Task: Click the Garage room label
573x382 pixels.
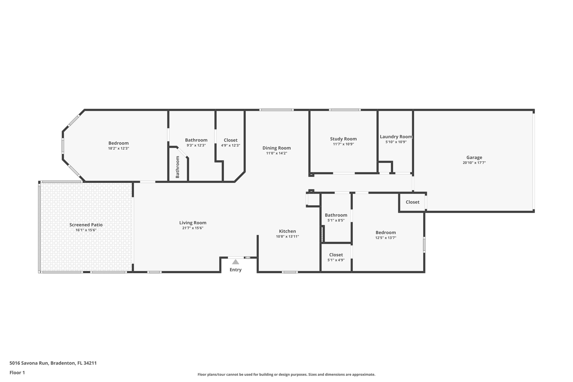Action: pos(474,158)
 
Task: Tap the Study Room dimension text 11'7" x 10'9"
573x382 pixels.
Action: pos(343,144)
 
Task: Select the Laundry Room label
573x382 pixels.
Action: pos(396,137)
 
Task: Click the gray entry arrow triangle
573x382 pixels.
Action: pos(236,262)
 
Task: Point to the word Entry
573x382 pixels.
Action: pos(236,270)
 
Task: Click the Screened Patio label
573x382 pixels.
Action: pos(86,225)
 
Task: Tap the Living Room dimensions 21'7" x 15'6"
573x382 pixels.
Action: pos(193,228)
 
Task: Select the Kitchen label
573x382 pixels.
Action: pos(287,231)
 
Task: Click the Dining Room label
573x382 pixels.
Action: pos(276,148)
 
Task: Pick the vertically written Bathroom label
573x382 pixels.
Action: pos(177,167)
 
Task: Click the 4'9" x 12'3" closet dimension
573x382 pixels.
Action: pos(231,146)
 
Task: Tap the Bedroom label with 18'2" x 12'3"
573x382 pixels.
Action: pos(119,143)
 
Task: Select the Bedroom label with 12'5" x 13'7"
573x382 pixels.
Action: pos(386,233)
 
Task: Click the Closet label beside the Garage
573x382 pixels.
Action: pos(412,202)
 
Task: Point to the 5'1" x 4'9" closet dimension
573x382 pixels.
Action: pos(336,260)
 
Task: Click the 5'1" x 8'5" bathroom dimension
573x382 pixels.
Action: pos(336,220)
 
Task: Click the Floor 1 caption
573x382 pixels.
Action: pos(17,372)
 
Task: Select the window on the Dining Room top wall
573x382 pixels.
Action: pos(276,110)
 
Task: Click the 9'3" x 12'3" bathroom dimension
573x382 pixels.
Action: pos(196,146)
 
